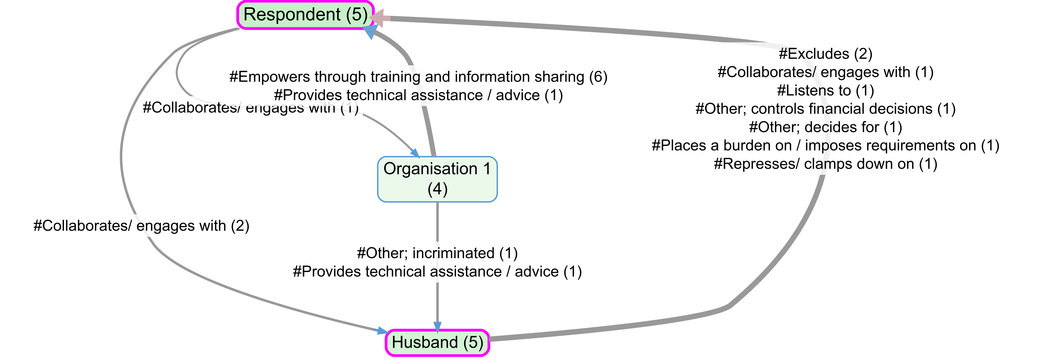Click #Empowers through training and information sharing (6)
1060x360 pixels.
click(418, 77)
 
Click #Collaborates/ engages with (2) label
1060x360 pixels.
click(141, 226)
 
